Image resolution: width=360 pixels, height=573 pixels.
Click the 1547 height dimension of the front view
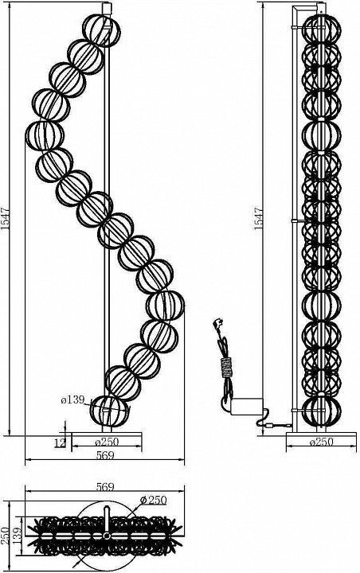5,219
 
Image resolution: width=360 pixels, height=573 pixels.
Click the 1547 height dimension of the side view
259,219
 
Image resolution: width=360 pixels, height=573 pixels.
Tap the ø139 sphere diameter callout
72,400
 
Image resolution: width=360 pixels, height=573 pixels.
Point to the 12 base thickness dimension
59,442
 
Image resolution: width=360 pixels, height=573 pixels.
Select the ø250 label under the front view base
107,442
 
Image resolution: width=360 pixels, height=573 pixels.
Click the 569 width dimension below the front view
105,455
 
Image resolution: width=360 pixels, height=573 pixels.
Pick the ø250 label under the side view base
322,442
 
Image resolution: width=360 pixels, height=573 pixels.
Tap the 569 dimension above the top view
105,487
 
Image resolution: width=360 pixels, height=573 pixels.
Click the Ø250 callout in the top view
153,500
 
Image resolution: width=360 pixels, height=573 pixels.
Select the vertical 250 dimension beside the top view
5,536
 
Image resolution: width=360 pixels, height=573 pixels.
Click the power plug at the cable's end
217,325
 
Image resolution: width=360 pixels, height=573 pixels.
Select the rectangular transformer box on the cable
247,407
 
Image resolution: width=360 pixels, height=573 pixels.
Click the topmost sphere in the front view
101,30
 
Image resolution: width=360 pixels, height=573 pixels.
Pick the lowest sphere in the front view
109,411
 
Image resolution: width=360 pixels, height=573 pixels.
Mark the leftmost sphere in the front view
45,135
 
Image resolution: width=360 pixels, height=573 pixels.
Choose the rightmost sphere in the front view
165,305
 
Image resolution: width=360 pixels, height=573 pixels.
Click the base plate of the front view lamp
107,434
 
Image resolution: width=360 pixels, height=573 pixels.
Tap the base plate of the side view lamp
321,434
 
